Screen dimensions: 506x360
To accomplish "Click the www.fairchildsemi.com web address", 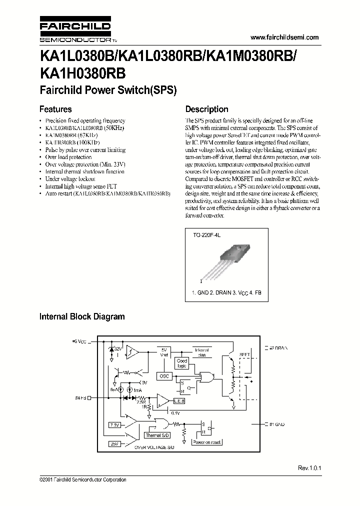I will [283, 37].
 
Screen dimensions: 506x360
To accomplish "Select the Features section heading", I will [55, 109].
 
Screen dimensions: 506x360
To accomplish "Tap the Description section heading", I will [206, 109].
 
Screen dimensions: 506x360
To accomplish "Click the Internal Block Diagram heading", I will [82, 316].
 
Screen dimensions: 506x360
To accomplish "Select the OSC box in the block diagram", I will [164, 375].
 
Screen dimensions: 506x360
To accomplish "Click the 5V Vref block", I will [164, 352].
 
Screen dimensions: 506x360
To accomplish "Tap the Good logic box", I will [181, 363].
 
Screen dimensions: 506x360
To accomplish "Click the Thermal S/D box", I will [156, 435].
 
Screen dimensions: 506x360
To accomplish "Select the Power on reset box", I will [206, 442].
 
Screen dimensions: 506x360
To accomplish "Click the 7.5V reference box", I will [114, 424].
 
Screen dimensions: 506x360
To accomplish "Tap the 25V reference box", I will [114, 443].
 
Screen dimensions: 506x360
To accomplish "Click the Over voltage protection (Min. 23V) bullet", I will [85, 164].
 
